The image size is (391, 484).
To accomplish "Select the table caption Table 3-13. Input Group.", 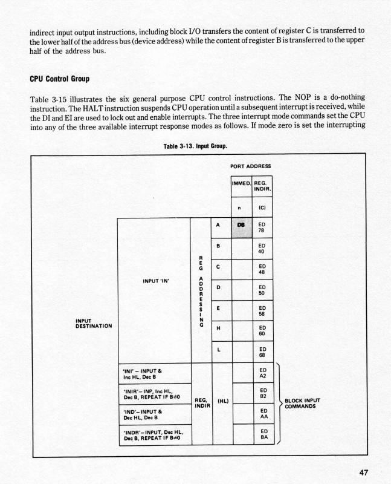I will click(195, 146).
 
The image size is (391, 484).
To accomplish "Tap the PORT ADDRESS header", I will click(251, 166).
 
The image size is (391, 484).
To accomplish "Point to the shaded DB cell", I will click(241, 227).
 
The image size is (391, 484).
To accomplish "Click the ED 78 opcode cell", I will click(262, 227).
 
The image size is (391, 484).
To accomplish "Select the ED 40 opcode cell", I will click(262, 248).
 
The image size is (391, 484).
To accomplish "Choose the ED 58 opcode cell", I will click(262, 310).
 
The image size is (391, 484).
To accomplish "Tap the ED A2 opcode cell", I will click(262, 373).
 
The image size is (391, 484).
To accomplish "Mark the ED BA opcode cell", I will click(262, 435).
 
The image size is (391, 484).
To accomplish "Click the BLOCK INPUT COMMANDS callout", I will click(302, 403).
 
